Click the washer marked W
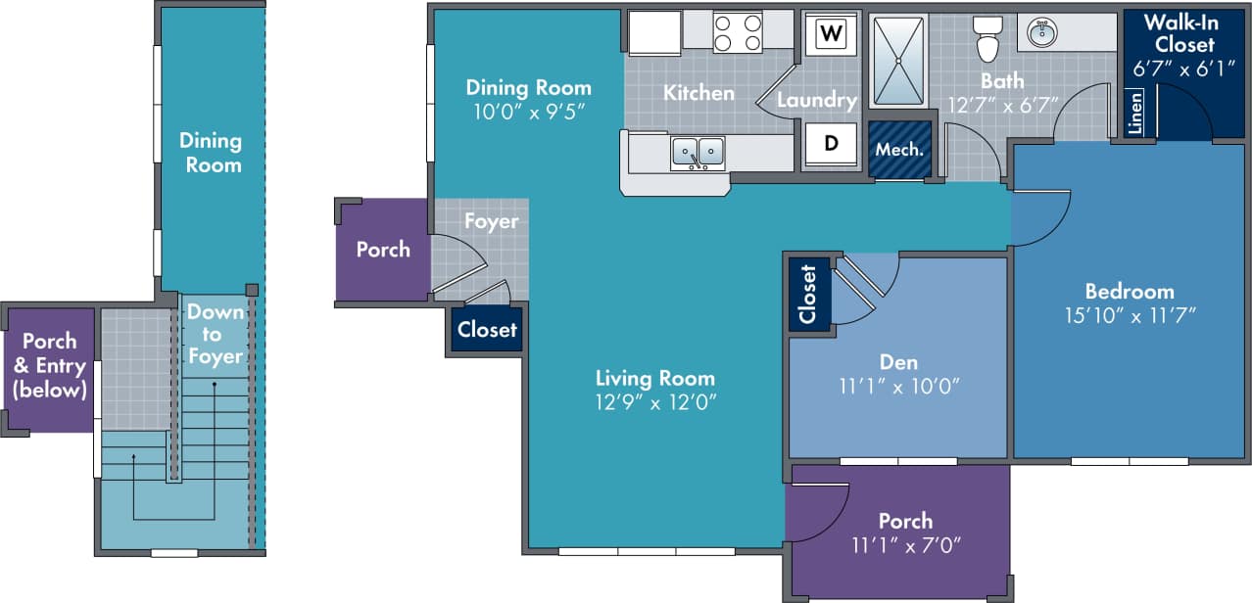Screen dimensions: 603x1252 [831, 33]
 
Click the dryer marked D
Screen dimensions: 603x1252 [831, 143]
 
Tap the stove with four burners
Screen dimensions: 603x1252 [738, 32]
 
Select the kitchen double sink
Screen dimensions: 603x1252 [698, 153]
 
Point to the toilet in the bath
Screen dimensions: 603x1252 [986, 39]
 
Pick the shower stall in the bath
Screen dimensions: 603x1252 [899, 60]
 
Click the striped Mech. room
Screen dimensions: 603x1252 [899, 150]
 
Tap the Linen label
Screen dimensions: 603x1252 [1135, 114]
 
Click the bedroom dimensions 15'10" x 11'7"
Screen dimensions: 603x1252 [1130, 315]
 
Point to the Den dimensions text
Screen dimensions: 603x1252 [898, 386]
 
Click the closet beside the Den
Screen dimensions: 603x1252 [808, 293]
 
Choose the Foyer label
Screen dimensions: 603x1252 [491, 221]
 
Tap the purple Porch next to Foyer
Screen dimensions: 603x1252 [383, 250]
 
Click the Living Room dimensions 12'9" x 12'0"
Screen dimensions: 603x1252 [655, 402]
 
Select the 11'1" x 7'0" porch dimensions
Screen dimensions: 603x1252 [905, 545]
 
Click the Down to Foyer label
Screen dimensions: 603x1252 [216, 334]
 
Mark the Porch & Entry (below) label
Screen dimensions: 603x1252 [49, 366]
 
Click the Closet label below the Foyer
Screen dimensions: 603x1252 [487, 330]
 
